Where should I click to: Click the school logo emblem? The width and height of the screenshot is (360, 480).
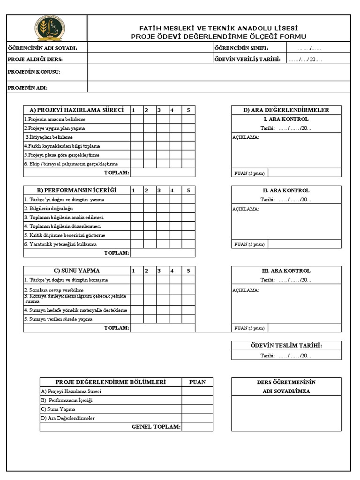click(49, 28)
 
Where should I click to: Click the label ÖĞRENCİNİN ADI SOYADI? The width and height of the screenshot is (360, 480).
click(42, 48)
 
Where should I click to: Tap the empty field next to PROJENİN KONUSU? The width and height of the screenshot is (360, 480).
click(218, 72)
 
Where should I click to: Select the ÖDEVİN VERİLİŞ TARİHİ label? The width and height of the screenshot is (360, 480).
click(247, 59)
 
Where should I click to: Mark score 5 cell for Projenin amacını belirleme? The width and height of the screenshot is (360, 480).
click(188, 119)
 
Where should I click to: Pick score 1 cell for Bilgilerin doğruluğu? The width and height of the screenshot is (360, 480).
click(136, 209)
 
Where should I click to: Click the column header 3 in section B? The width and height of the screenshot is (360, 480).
click(159, 190)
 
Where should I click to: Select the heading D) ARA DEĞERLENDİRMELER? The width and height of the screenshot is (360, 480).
click(286, 110)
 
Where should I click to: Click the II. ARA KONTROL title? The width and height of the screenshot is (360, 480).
click(286, 191)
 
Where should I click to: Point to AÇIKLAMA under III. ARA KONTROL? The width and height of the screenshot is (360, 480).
click(246, 290)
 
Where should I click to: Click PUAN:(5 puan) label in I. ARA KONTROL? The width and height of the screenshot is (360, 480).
click(249, 173)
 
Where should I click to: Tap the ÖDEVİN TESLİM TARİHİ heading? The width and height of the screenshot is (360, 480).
click(286, 345)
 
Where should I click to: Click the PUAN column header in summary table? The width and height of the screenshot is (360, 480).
click(197, 382)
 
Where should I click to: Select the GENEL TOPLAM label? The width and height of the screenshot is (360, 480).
click(156, 427)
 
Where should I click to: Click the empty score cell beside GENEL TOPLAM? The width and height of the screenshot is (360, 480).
click(197, 427)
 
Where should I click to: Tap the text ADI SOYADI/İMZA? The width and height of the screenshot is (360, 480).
click(286, 391)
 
